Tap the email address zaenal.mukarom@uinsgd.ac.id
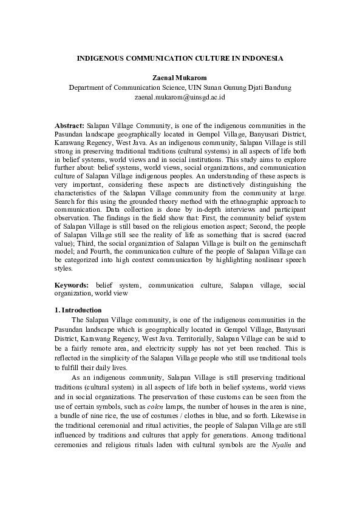(x=180, y=96)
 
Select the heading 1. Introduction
(x=78, y=310)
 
